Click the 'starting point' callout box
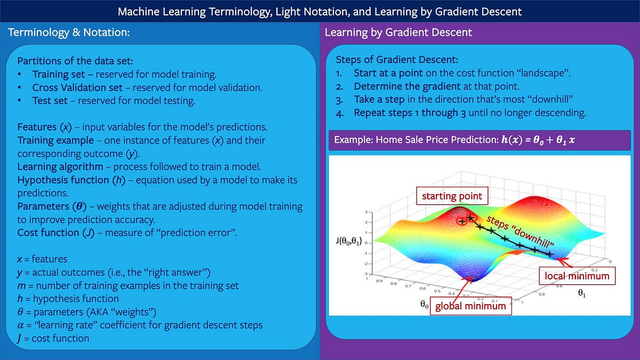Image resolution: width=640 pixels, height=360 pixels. coord(452,196)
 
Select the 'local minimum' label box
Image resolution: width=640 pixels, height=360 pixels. coord(577,276)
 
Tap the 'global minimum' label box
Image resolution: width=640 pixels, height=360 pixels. coord(470,306)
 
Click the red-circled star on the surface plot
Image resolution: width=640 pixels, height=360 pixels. coord(462,221)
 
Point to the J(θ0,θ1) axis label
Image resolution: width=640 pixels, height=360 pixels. coord(349,241)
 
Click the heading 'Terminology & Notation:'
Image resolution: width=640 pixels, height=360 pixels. coord(69,33)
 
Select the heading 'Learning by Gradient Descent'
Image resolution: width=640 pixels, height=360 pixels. coord(398,33)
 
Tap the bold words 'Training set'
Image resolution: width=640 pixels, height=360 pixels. coord(58,74)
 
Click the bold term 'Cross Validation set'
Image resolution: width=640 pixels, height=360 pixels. coord(77,87)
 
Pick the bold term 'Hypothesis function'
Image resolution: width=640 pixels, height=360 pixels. coord(63,180)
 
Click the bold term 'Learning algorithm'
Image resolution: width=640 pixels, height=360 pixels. coord(60,166)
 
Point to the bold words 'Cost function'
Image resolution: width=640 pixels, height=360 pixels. coord(48,233)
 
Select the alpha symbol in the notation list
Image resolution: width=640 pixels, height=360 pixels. coord(20,325)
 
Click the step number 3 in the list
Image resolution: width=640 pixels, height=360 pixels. coord(339,100)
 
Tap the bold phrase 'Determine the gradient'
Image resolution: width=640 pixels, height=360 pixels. coord(407,86)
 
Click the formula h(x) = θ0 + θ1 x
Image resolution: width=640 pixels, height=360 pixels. coord(538,140)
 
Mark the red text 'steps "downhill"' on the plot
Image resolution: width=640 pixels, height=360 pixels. coord(520,231)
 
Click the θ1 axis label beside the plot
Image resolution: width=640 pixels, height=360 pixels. coord(582,293)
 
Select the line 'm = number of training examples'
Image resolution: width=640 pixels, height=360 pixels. coord(127,285)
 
